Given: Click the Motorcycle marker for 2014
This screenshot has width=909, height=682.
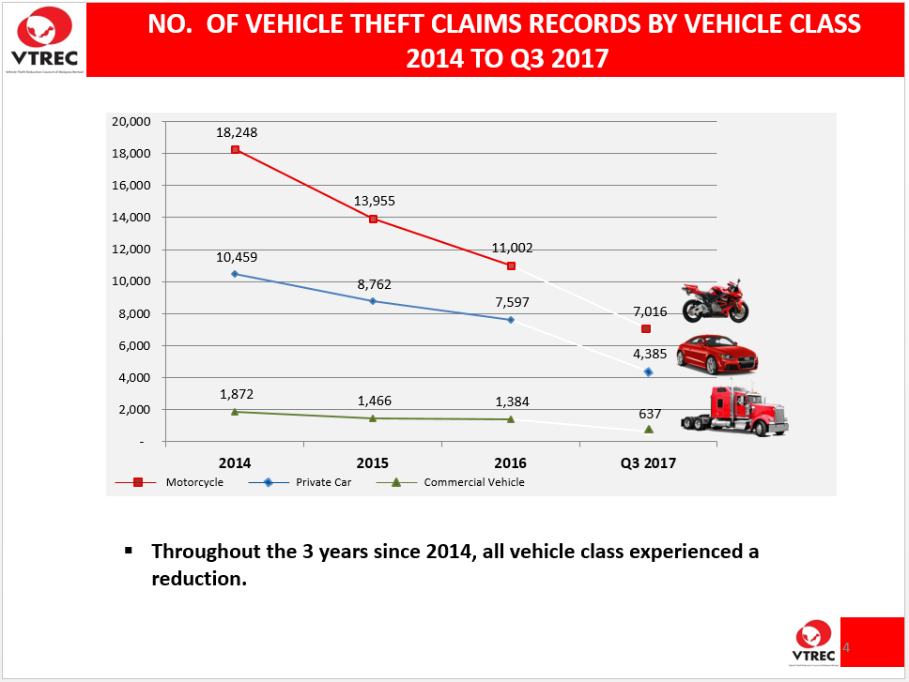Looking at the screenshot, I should point(235,149).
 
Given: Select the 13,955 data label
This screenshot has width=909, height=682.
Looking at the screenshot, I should point(373,201).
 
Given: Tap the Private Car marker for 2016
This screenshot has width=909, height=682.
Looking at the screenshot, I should point(511,320).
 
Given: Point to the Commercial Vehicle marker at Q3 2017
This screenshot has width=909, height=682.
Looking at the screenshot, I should point(649,429).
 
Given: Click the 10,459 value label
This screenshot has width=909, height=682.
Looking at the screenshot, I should point(236,256).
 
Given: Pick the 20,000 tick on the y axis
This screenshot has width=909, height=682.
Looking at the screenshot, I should point(131,121).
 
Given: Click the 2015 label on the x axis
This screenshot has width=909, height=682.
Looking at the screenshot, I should point(373,463).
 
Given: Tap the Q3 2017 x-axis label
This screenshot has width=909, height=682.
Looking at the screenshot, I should point(649,463).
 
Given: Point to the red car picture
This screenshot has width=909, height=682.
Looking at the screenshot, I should point(716,354).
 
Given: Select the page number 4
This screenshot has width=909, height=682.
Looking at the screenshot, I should point(845,647).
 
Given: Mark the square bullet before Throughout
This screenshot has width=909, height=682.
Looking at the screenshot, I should point(129,549).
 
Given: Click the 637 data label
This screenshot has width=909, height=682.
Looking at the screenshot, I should point(650,414).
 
